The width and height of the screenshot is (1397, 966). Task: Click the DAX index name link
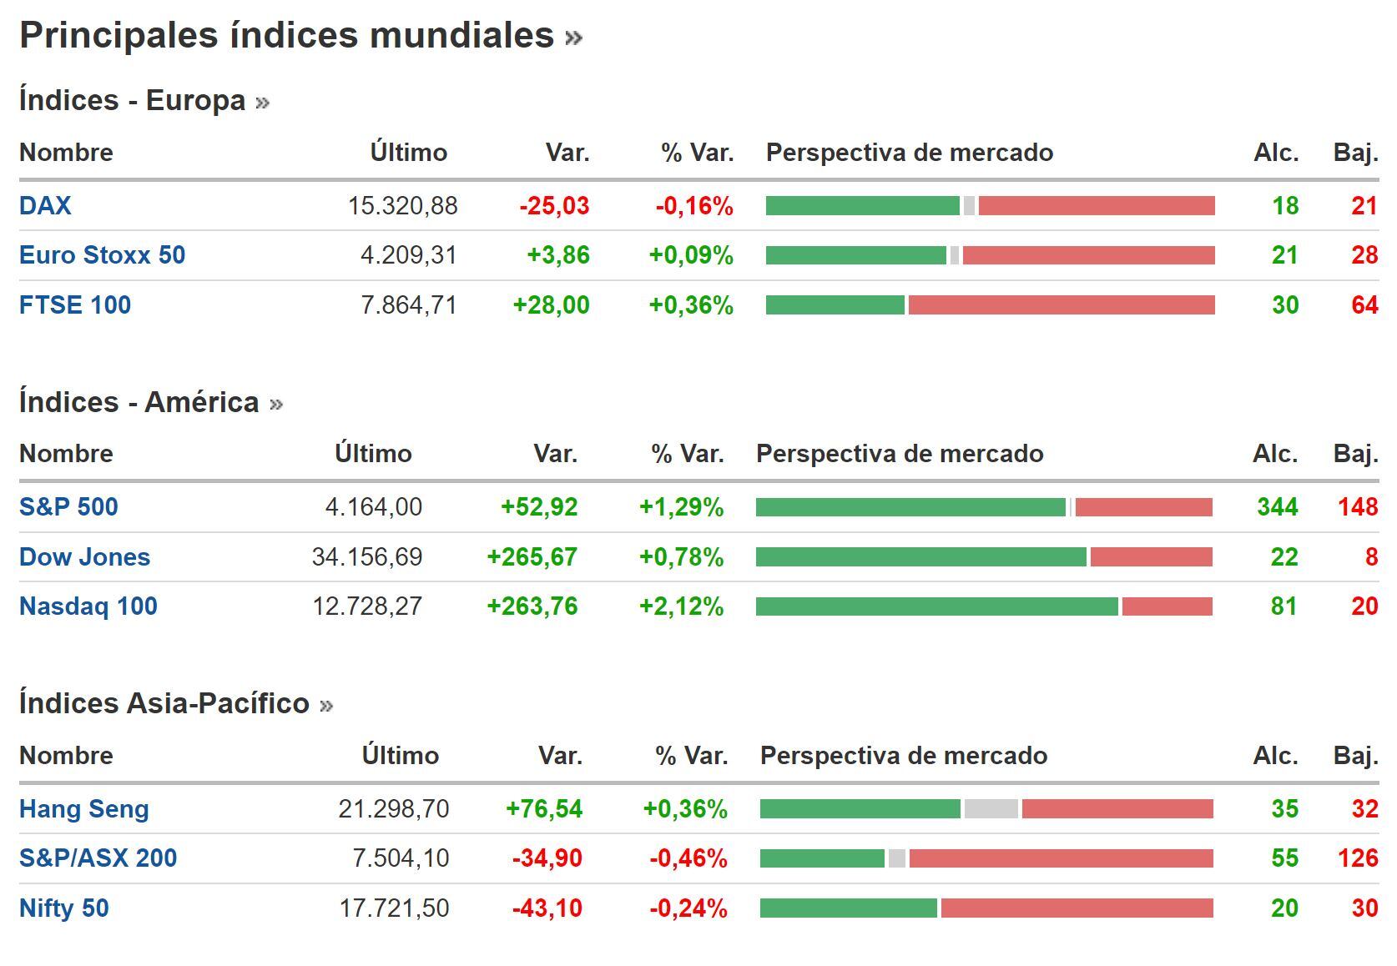pos(45,206)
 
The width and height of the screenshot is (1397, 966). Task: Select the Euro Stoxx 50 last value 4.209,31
pos(408,255)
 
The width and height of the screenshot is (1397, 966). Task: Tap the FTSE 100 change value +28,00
pos(551,305)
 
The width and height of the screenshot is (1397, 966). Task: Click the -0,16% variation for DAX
pos(693,206)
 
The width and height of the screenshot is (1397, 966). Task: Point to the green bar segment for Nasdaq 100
pos(936,606)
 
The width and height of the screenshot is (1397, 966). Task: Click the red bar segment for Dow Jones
pos(1151,557)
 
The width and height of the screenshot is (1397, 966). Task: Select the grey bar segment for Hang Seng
pos(991,808)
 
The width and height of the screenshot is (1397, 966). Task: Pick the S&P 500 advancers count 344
pos(1277,507)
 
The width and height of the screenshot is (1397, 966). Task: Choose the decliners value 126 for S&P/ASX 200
pos(1357,858)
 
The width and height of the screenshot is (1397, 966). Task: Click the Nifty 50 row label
pos(64,908)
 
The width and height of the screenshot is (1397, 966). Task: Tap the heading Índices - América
pos(139,402)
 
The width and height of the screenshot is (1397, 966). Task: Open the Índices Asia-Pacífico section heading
pos(164,703)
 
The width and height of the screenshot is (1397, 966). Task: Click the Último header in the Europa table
pos(408,153)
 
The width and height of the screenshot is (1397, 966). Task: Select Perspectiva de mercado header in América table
pos(899,454)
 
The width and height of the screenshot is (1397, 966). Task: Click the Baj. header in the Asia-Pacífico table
pos(1355,756)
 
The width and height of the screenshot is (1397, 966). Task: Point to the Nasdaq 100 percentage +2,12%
pos(681,606)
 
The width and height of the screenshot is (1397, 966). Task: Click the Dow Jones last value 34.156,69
pos(366,557)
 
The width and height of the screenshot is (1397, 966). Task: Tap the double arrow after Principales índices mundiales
pos(573,38)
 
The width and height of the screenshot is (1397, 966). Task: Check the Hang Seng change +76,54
pos(544,808)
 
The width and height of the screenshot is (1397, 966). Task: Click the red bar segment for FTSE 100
pos(1061,305)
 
